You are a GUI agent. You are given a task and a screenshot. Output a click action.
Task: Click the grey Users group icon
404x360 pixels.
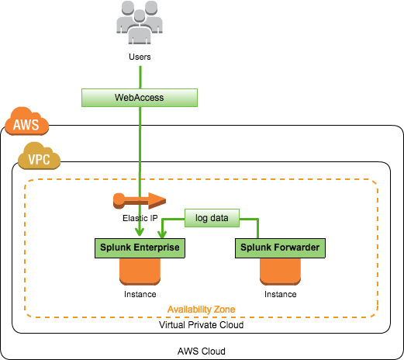pyautogui.click(x=140, y=22)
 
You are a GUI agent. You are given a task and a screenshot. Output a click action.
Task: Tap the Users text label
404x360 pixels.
pyautogui.click(x=140, y=57)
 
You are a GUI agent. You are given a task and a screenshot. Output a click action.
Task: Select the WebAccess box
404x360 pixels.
pyautogui.click(x=140, y=98)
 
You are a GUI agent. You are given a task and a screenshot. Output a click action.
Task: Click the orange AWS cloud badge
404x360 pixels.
pyautogui.click(x=26, y=121)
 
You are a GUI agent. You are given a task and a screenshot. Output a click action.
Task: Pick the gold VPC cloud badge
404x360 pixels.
pyautogui.click(x=39, y=156)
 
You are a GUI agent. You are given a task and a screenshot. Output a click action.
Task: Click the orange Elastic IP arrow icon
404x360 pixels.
pyautogui.click(x=140, y=201)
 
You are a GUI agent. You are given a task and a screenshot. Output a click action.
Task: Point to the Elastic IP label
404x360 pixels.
pyautogui.click(x=140, y=218)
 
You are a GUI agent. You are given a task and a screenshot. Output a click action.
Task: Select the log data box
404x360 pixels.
pyautogui.click(x=212, y=218)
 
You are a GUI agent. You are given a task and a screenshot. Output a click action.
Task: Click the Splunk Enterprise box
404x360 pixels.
pyautogui.click(x=140, y=248)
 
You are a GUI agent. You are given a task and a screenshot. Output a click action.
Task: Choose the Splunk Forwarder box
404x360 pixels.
pyautogui.click(x=280, y=248)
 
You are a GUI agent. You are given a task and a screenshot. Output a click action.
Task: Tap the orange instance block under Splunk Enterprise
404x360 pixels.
pyautogui.click(x=140, y=272)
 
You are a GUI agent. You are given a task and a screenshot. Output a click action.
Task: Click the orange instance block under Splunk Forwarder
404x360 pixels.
pyautogui.click(x=280, y=272)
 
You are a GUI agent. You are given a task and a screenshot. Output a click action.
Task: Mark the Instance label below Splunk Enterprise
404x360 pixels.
pyautogui.click(x=140, y=294)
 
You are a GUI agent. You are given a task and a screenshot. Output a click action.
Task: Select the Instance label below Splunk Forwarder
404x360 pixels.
pyautogui.click(x=280, y=294)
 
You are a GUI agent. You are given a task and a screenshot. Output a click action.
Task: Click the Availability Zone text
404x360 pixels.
pyautogui.click(x=201, y=310)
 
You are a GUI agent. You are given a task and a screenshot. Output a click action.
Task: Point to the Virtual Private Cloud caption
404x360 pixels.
pyautogui.click(x=201, y=325)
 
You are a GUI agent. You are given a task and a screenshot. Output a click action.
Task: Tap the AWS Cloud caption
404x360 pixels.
pyautogui.click(x=202, y=351)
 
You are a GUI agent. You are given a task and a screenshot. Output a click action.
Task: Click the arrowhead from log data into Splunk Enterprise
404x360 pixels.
pyautogui.click(x=162, y=234)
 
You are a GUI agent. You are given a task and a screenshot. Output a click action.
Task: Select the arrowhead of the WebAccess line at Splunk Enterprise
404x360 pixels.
pyautogui.click(x=140, y=232)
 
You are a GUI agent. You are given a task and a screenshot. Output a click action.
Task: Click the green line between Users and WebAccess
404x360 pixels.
pyautogui.click(x=140, y=78)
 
